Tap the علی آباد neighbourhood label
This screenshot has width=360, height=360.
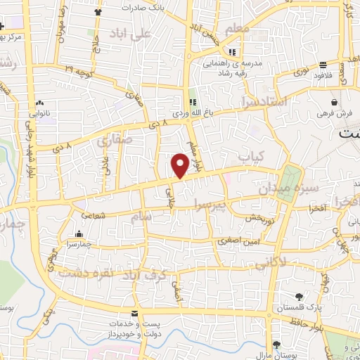tap(136, 32)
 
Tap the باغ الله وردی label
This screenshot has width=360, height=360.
tap(191, 112)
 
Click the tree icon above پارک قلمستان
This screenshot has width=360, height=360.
tap(300, 296)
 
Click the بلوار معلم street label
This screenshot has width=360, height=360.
tap(195, 159)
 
